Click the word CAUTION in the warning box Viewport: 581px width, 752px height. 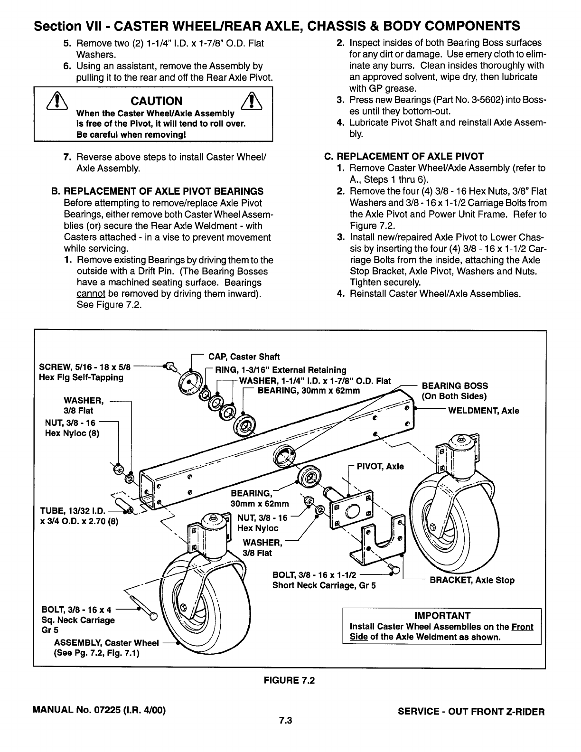click(156, 101)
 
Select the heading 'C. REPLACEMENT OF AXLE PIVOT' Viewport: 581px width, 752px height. click(403, 157)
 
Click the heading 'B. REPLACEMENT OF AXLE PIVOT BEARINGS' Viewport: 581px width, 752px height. click(157, 191)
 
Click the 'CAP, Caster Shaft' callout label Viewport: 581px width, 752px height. click(242, 357)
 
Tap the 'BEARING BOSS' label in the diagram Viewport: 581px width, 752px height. click(454, 385)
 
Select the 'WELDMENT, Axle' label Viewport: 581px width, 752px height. click(483, 411)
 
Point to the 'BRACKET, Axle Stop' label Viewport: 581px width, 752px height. click(471, 580)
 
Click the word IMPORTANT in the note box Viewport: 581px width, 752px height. click(441, 616)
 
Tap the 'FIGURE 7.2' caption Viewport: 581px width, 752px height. click(289, 680)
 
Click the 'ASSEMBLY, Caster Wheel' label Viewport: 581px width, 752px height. click(106, 643)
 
